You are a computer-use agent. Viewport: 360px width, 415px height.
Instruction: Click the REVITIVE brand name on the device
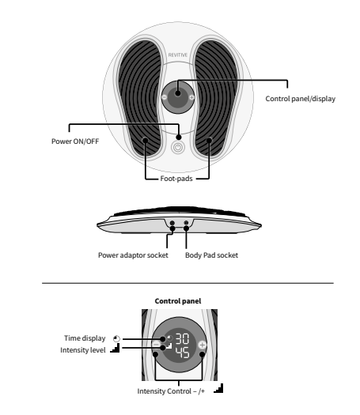(x=178, y=57)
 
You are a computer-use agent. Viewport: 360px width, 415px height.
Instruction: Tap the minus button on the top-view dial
(x=164, y=98)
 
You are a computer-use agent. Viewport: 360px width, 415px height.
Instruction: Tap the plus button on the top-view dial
(x=193, y=98)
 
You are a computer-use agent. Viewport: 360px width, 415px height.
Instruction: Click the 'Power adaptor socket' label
(x=133, y=255)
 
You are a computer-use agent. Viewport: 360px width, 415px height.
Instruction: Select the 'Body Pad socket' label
(x=211, y=255)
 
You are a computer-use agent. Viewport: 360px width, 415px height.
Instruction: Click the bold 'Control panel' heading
(x=178, y=301)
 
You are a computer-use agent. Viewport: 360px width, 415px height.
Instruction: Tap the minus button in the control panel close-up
(x=156, y=355)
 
